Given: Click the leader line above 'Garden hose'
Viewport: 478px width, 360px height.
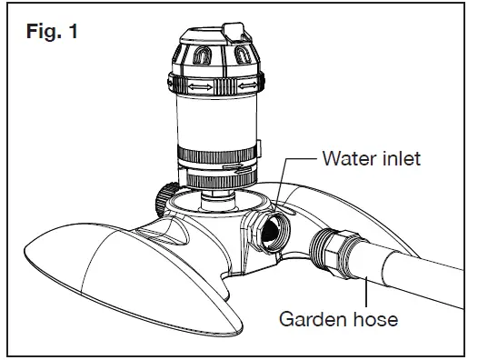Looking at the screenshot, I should point(367,291).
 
